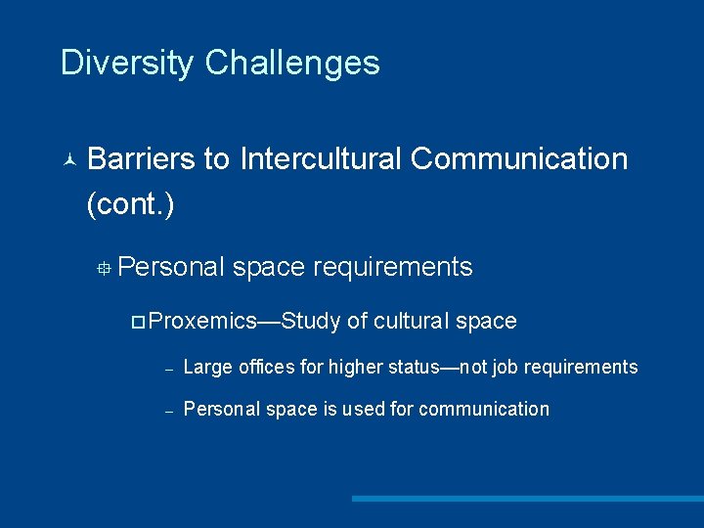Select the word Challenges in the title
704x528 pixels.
click(292, 63)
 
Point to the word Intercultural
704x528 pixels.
click(321, 158)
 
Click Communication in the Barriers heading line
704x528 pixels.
click(519, 158)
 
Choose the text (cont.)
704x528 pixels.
click(130, 204)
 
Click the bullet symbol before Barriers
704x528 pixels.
click(67, 159)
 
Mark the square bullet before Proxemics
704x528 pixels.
click(138, 322)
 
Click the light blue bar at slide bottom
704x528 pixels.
click(527, 499)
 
